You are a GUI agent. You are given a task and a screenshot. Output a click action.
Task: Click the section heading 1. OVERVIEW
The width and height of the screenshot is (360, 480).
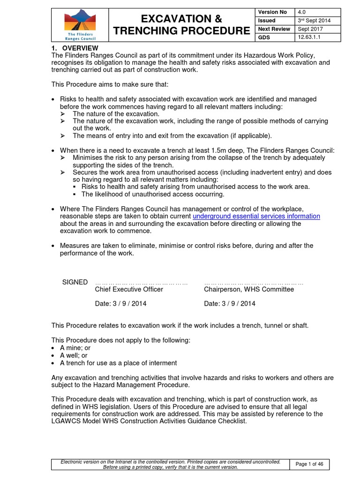(75, 48)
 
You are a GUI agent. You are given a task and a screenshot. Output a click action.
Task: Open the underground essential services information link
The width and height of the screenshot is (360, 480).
(256, 216)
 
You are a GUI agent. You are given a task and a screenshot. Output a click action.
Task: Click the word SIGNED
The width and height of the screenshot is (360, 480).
(75, 282)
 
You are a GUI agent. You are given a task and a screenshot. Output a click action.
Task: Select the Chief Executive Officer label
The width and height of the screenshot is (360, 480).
(129, 289)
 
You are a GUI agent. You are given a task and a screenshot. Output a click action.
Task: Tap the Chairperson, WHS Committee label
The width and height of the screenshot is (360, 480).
(249, 289)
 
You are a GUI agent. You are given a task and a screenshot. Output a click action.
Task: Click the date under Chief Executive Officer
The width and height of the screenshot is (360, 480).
(120, 303)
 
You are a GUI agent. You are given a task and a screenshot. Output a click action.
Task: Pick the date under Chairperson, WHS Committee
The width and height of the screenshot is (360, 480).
(230, 303)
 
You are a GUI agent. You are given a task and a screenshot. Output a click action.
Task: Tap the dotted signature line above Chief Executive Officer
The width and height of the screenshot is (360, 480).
(142, 283)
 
